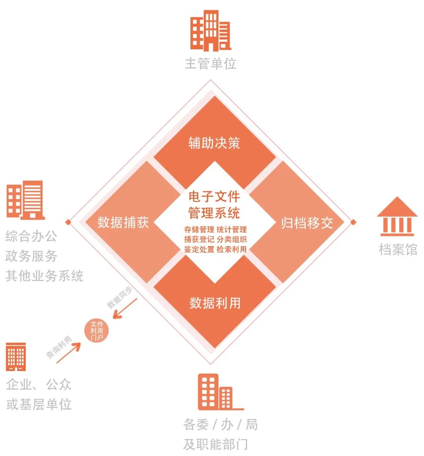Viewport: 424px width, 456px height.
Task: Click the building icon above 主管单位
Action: pyautogui.click(x=210, y=31)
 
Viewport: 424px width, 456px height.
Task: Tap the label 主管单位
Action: pyautogui.click(x=210, y=63)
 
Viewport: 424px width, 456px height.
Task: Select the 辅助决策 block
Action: pyautogui.click(x=214, y=143)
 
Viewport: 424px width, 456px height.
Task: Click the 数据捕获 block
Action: pyautogui.click(x=123, y=222)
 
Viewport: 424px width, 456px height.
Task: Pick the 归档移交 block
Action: pyautogui.click(x=307, y=223)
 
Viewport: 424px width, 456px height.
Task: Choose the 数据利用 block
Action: pyautogui.click(x=215, y=303)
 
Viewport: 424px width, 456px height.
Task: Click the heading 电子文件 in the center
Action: pyautogui.click(x=214, y=196)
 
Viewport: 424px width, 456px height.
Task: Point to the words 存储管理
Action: pyautogui.click(x=199, y=230)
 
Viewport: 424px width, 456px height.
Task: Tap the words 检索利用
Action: pyautogui.click(x=232, y=249)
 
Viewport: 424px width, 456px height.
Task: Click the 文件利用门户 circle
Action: pyautogui.click(x=97, y=331)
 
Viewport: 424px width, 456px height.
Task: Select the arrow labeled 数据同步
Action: pyautogui.click(x=125, y=308)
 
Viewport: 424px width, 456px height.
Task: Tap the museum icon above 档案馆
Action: pyautogui.click(x=397, y=216)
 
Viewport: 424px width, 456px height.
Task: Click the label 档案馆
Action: pyautogui.click(x=398, y=250)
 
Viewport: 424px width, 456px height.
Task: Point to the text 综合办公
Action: pyautogui.click(x=31, y=236)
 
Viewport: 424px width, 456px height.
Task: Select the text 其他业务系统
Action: pyautogui.click(x=44, y=276)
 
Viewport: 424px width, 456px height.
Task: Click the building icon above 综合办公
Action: pyautogui.click(x=26, y=200)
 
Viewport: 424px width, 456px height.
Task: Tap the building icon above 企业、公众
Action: pyautogui.click(x=16, y=357)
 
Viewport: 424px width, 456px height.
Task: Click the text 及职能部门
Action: pyautogui.click(x=215, y=445)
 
